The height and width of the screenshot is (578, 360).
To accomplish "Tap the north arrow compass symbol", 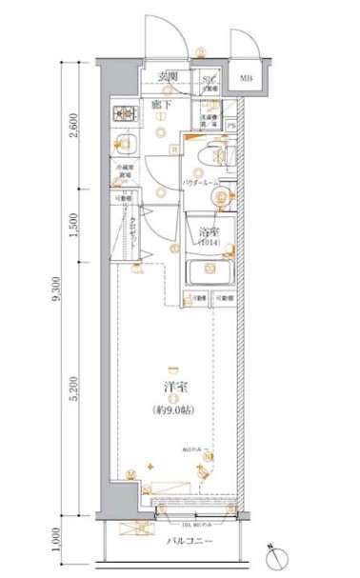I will (273, 551).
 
